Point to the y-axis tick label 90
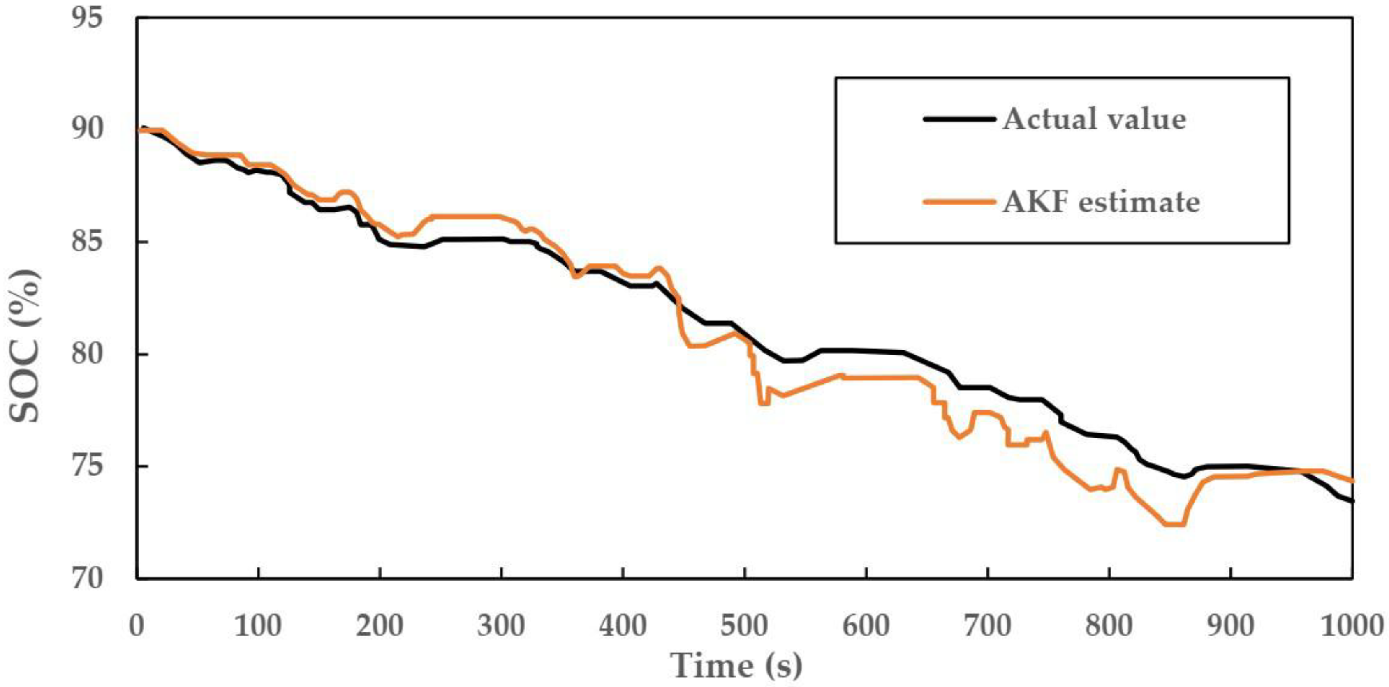click(x=86, y=130)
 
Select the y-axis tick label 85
click(x=86, y=242)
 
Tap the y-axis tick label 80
click(x=86, y=355)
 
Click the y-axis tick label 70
click(x=86, y=579)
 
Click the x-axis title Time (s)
click(x=736, y=666)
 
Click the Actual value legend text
click(x=1094, y=119)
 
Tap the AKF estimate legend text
click(x=1101, y=202)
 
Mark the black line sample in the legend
click(x=959, y=119)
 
